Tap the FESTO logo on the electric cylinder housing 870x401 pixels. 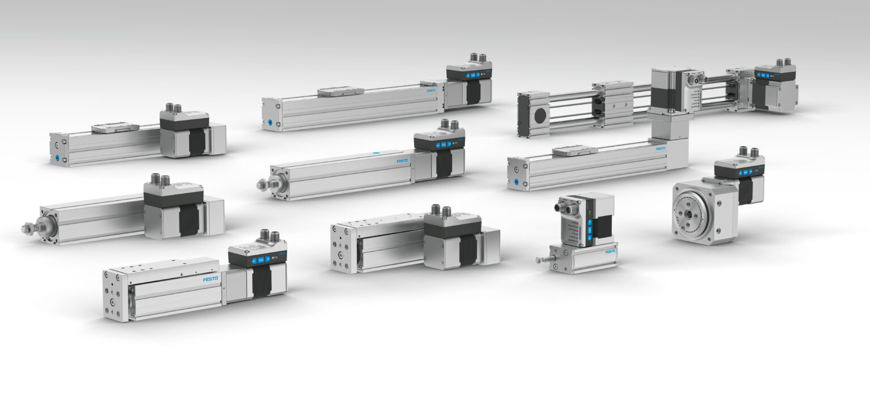click(402, 161)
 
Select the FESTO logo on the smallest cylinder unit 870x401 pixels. click(610, 252)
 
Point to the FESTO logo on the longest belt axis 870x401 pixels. click(431, 90)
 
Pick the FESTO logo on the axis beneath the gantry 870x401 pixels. click(660, 149)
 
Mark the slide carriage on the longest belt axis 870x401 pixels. click(340, 91)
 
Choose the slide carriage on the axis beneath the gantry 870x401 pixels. click(575, 150)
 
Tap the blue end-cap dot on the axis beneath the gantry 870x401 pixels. click(515, 182)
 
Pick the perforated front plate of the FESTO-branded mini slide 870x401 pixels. click(115, 296)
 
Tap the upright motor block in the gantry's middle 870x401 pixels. click(666, 90)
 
